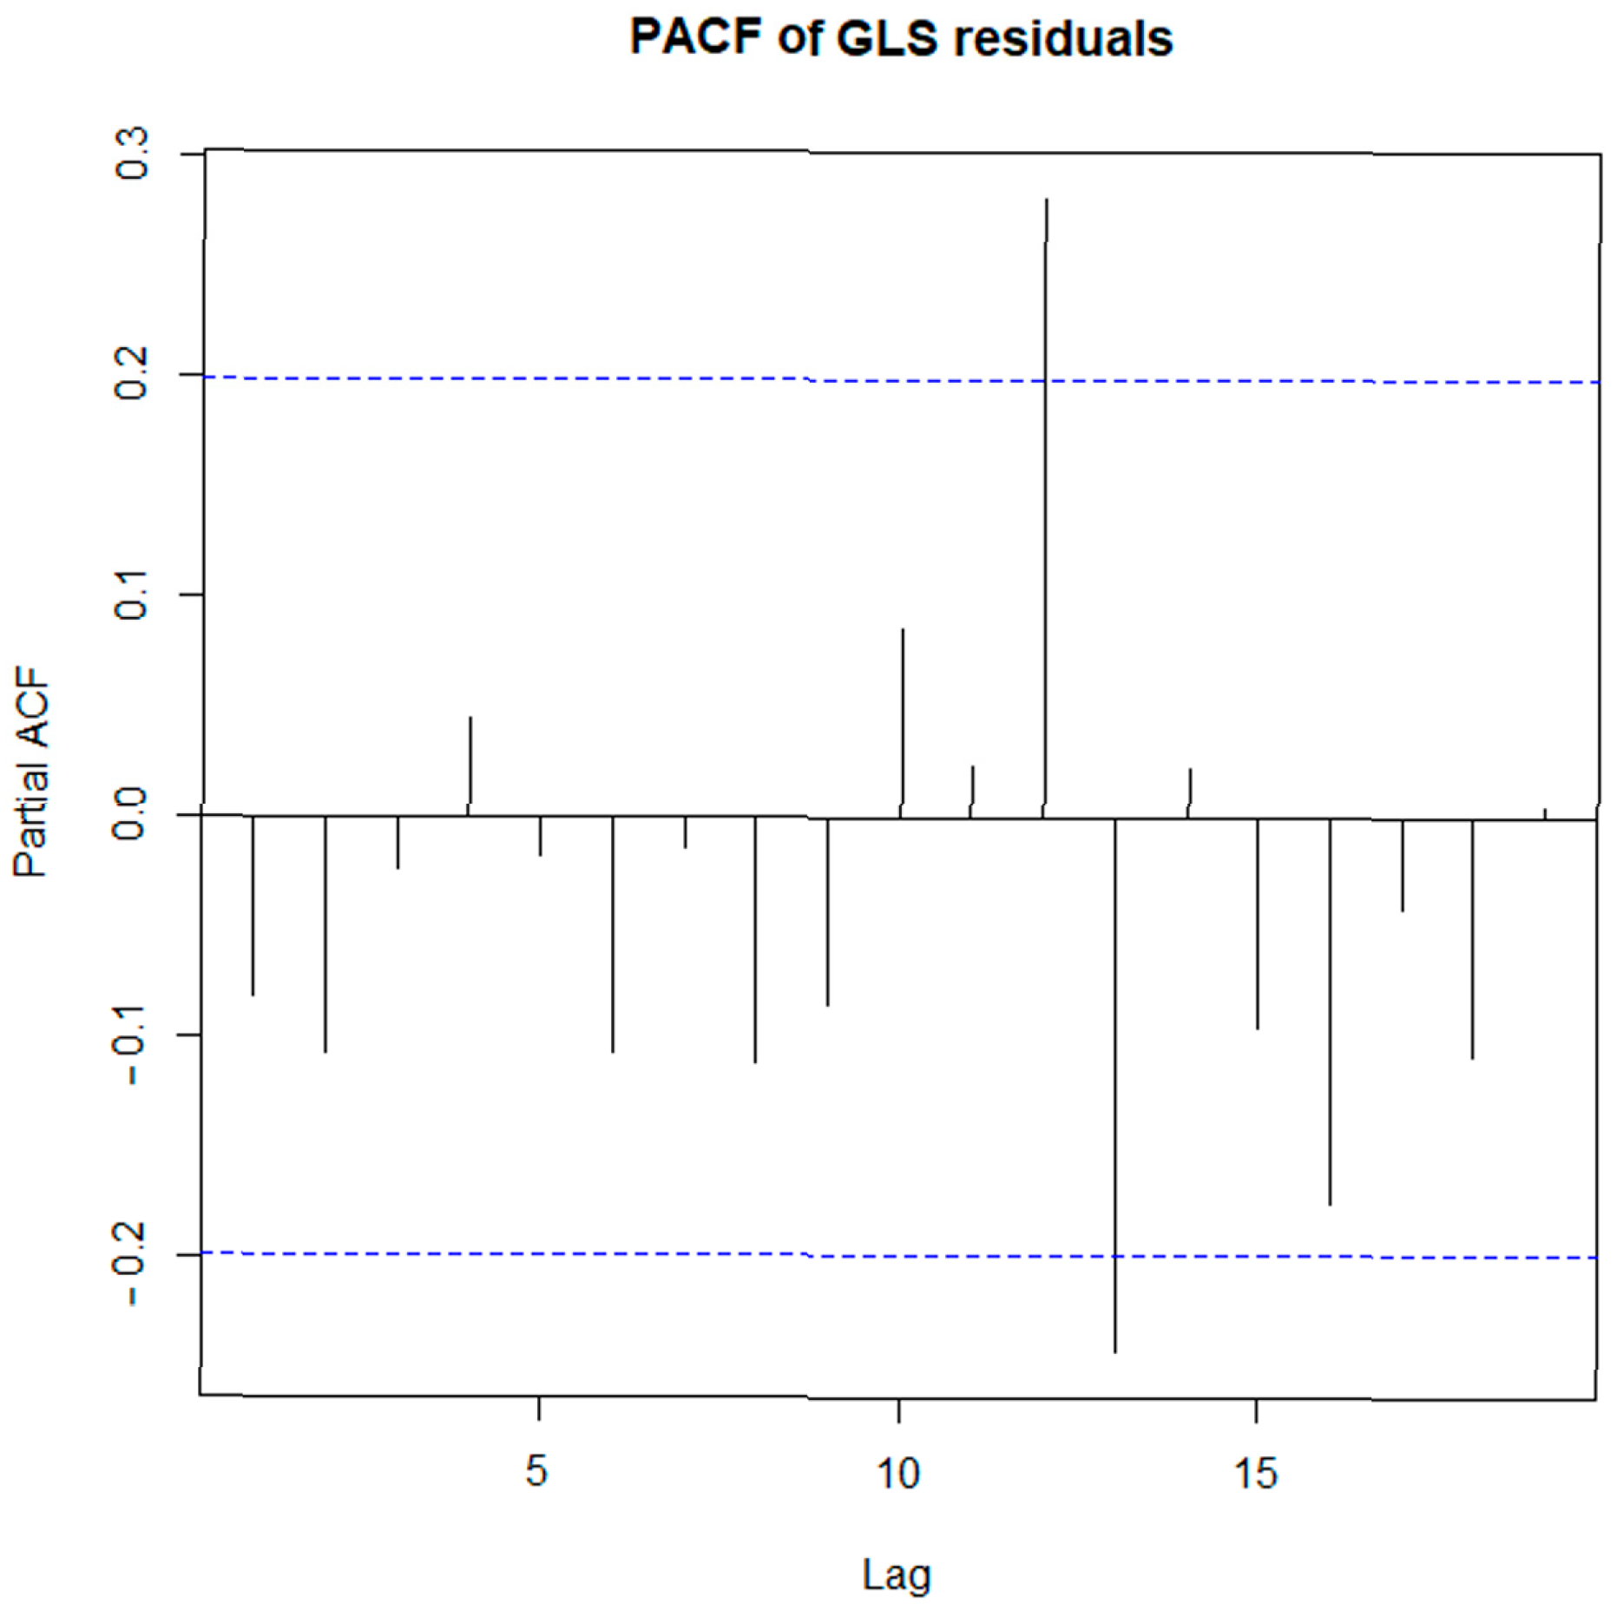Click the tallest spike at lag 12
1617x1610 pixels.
click(1045, 508)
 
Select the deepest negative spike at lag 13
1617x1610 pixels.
click(1114, 1085)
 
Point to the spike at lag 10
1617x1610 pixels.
click(902, 723)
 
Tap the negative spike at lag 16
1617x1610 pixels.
click(1329, 1012)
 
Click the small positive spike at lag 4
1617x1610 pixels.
click(470, 766)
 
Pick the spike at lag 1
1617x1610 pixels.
click(253, 905)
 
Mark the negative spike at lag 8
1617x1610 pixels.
click(755, 940)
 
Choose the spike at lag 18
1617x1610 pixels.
click(1472, 939)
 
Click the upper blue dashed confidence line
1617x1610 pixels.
click(901, 379)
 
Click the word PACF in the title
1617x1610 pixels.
click(695, 37)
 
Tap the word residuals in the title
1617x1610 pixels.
click(1063, 39)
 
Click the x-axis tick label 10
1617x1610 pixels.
click(897, 1472)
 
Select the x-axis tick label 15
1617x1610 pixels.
click(1256, 1473)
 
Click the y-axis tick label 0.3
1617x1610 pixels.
click(132, 154)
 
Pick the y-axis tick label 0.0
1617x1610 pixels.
click(130, 814)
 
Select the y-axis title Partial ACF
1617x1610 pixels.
click(31, 772)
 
